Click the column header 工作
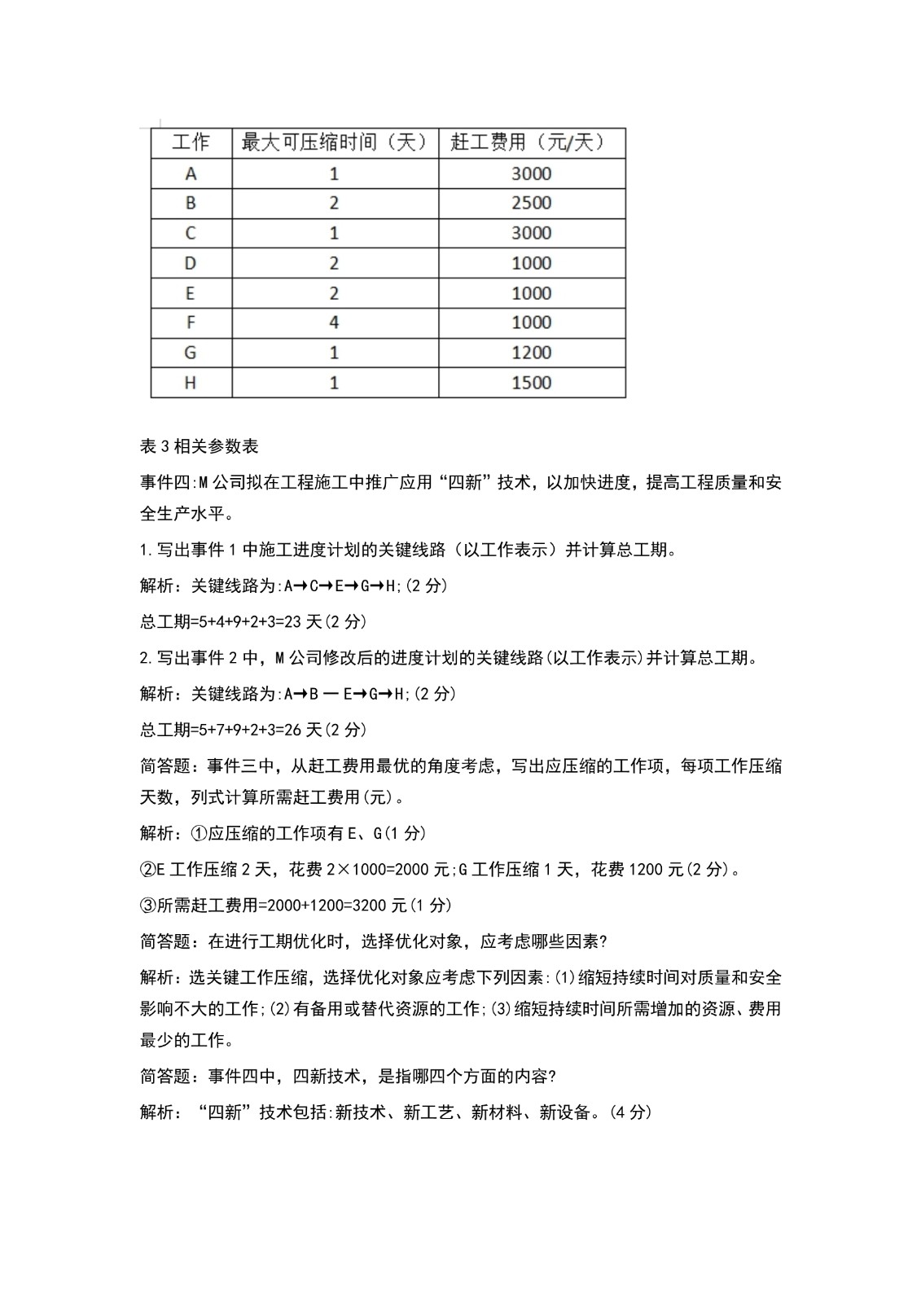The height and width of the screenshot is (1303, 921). tap(191, 143)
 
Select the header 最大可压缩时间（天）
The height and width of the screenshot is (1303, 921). tap(335, 143)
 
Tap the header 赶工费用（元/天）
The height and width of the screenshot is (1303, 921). tap(531, 143)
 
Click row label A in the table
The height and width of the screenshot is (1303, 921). tap(191, 173)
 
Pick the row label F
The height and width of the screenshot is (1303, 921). tap(191, 322)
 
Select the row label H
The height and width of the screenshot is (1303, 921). tap(191, 383)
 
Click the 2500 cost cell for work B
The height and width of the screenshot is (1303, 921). tap(531, 203)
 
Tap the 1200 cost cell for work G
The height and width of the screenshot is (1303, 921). tap(531, 353)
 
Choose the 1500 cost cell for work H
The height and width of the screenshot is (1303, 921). tap(531, 383)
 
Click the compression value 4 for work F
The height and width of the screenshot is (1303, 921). tap(334, 322)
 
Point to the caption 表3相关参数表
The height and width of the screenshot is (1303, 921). tap(200, 446)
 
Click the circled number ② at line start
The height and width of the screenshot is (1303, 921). tap(147, 869)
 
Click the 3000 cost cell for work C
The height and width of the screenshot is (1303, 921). tap(531, 233)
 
